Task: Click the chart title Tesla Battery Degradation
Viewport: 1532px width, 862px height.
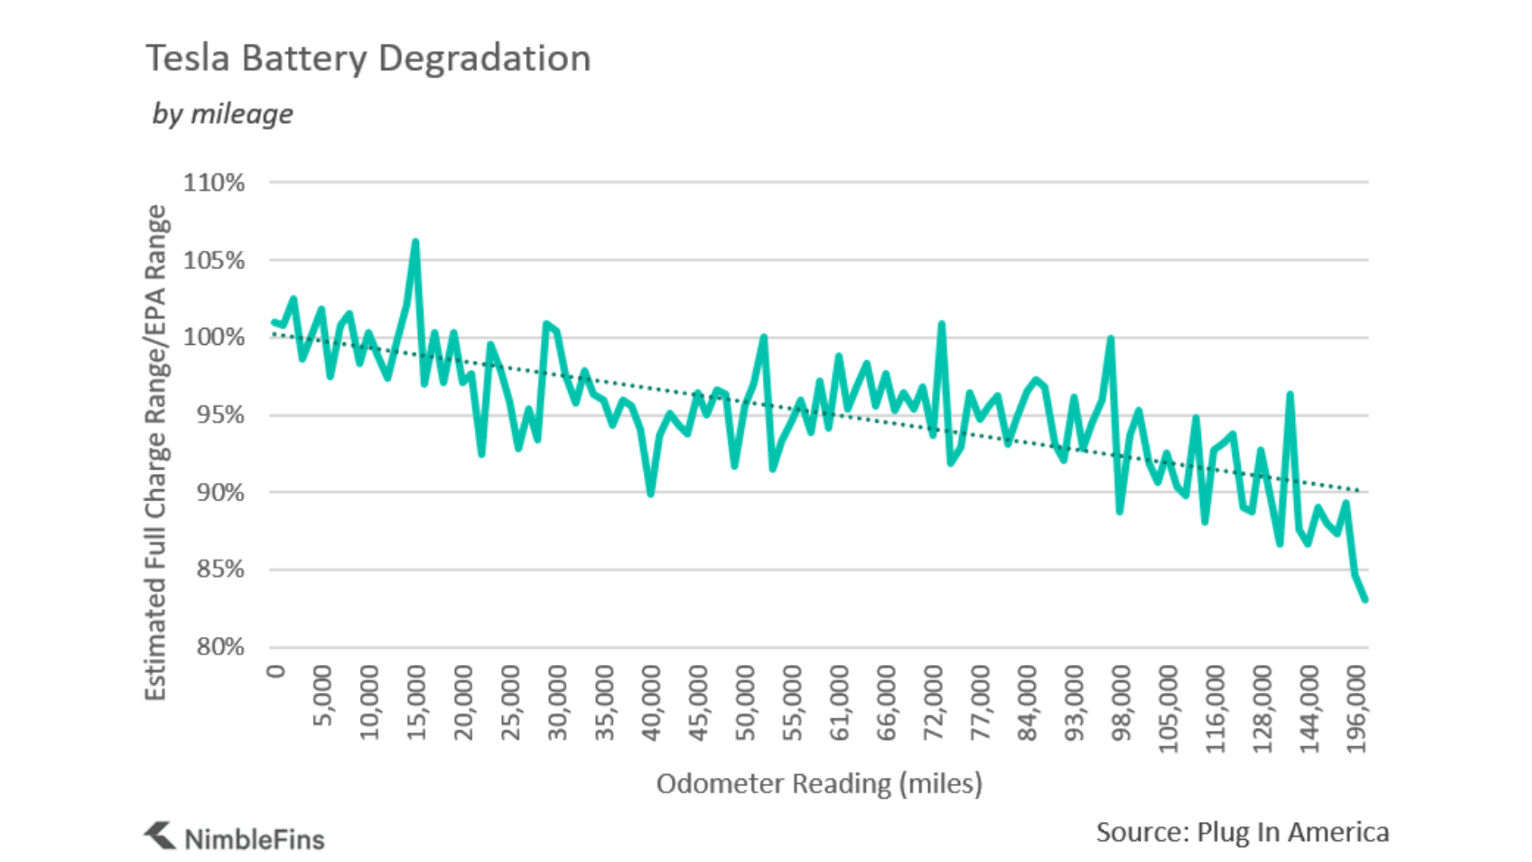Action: [x=368, y=58]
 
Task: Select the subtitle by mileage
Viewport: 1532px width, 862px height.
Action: [x=223, y=113]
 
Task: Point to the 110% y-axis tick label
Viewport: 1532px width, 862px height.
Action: [x=214, y=183]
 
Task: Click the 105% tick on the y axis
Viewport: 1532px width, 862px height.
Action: [x=214, y=260]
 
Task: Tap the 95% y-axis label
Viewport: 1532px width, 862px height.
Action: [x=219, y=415]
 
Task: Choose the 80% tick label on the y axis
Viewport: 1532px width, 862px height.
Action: [x=219, y=646]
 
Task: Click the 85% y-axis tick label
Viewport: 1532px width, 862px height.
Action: [x=219, y=569]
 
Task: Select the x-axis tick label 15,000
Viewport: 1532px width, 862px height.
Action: [x=417, y=703]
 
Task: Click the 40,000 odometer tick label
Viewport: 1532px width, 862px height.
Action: [x=651, y=703]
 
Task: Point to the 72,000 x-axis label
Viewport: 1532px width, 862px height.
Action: [x=934, y=703]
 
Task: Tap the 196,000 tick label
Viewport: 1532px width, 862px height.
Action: [x=1356, y=709]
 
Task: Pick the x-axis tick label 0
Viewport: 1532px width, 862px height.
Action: [x=275, y=671]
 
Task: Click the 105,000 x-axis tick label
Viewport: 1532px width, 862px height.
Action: [x=1168, y=709]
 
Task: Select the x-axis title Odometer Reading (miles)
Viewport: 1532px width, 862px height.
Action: [x=819, y=784]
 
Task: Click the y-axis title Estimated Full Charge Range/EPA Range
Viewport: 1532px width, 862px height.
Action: [x=156, y=453]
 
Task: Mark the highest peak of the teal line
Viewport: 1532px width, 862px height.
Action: [x=415, y=242]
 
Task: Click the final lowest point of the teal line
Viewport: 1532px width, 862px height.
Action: [x=1365, y=599]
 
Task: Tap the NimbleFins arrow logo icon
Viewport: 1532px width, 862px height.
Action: [x=160, y=835]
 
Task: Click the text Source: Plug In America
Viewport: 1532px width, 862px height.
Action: [x=1242, y=832]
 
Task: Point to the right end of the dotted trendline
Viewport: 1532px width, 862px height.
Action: [x=1360, y=490]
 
